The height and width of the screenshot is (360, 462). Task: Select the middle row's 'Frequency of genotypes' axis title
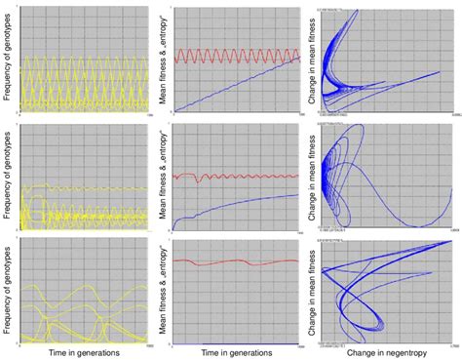pyautogui.click(x=8, y=173)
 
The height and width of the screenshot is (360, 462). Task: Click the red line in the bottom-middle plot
pyautogui.click(x=234, y=262)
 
